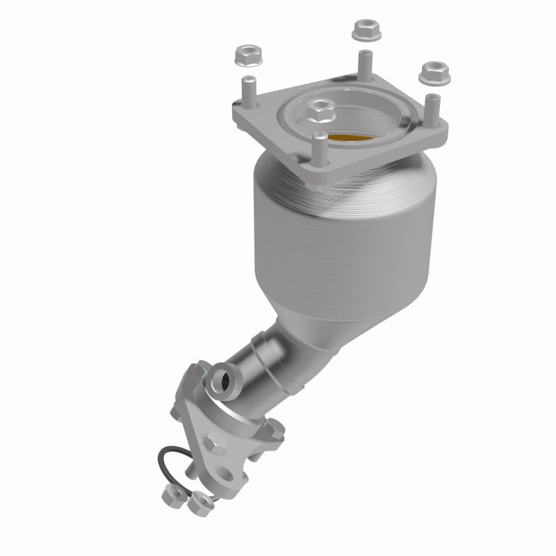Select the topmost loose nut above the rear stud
[363, 29]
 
